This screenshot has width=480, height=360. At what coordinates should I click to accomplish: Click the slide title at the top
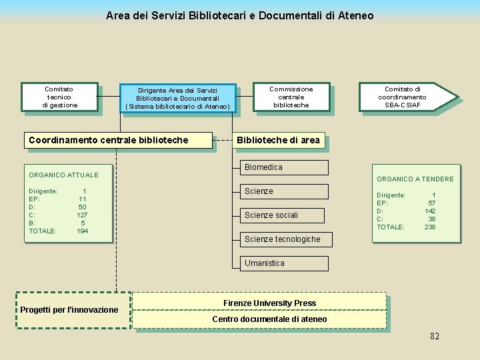(239, 15)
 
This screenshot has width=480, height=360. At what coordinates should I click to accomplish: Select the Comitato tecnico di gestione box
(59, 97)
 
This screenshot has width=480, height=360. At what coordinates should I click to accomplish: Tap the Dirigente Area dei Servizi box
(177, 98)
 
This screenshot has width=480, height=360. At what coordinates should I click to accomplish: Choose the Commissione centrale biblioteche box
(291, 97)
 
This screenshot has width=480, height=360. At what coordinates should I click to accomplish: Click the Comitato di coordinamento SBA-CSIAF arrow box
(405, 97)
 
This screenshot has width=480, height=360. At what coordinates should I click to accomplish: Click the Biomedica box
(283, 167)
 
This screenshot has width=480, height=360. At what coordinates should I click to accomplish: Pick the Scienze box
(283, 191)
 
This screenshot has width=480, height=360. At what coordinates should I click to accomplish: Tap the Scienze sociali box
(281, 215)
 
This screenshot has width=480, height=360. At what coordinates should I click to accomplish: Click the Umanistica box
(283, 263)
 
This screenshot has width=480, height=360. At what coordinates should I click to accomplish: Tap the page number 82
(435, 336)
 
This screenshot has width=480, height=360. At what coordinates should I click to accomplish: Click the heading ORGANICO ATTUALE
(63, 175)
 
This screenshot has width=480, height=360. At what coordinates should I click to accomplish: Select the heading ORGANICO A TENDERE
(415, 179)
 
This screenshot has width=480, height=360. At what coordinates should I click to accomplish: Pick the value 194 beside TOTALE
(83, 231)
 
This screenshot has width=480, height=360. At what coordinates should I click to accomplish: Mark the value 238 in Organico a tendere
(430, 227)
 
